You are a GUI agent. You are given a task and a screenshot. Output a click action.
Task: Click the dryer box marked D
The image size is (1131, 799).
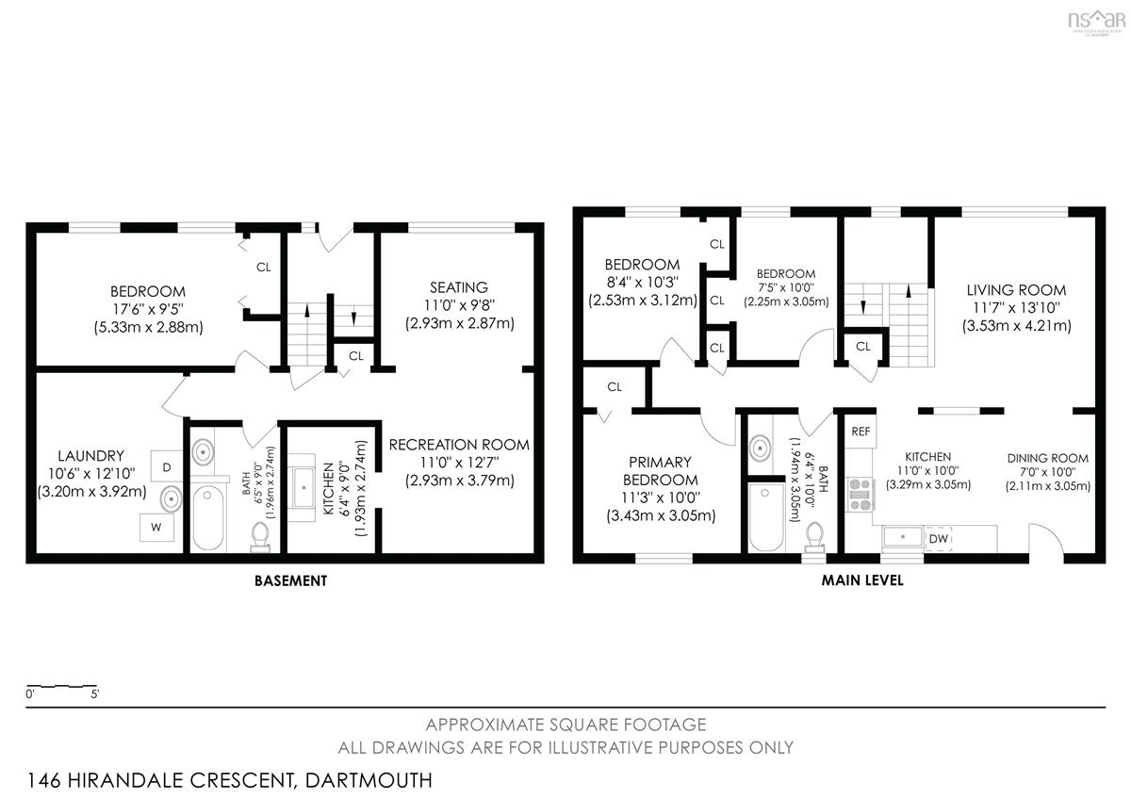167,467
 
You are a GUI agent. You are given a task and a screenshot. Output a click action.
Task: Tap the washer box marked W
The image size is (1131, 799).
156,528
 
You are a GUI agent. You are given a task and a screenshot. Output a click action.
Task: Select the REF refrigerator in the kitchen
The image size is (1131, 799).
861,432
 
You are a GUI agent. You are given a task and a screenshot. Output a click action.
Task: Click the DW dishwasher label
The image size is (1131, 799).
938,539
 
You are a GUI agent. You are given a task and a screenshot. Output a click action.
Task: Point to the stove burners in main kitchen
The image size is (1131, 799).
860,495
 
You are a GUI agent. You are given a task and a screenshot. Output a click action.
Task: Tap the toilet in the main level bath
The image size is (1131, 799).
814,537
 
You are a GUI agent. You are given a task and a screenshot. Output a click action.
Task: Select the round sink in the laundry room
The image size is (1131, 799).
172,499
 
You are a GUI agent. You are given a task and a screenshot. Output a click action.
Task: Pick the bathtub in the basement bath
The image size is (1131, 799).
208,517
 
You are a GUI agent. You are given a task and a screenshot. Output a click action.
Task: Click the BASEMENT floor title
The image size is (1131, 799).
291,581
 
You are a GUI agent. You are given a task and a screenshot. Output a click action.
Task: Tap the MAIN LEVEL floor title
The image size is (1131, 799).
862,580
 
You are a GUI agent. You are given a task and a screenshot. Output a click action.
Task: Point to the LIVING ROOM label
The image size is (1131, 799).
1016,290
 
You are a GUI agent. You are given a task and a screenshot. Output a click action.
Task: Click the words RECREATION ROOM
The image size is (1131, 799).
459,445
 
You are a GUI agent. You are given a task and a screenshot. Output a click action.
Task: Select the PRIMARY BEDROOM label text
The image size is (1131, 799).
661,471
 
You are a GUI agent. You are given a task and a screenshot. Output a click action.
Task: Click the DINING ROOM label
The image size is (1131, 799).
1048,458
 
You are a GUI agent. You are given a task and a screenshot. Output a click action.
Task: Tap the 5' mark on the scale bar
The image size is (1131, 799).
95,694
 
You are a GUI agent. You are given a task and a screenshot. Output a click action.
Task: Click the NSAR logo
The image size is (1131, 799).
1097,22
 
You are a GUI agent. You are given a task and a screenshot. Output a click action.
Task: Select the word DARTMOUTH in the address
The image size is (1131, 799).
369,780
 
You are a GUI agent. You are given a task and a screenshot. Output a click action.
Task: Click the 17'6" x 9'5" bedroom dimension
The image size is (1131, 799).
148,309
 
